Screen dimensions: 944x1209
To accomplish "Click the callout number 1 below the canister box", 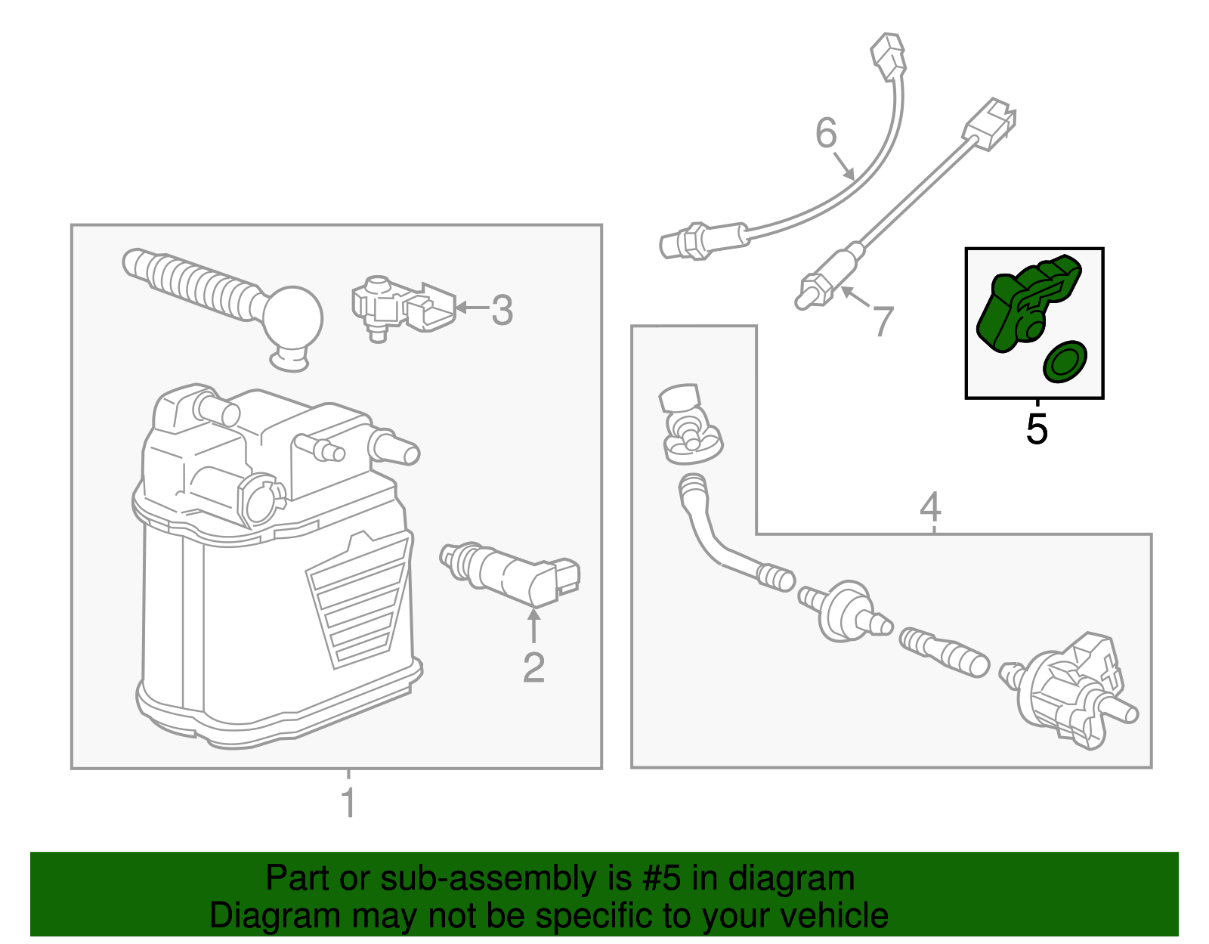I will click(348, 803).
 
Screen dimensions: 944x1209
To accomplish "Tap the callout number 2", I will click(533, 667).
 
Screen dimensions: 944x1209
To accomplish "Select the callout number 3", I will click(502, 310).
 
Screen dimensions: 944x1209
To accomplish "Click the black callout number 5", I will click(1037, 429).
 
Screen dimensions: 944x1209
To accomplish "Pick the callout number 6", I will click(826, 133).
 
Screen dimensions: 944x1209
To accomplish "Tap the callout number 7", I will click(883, 320).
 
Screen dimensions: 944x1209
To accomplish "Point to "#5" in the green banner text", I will click(662, 879).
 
